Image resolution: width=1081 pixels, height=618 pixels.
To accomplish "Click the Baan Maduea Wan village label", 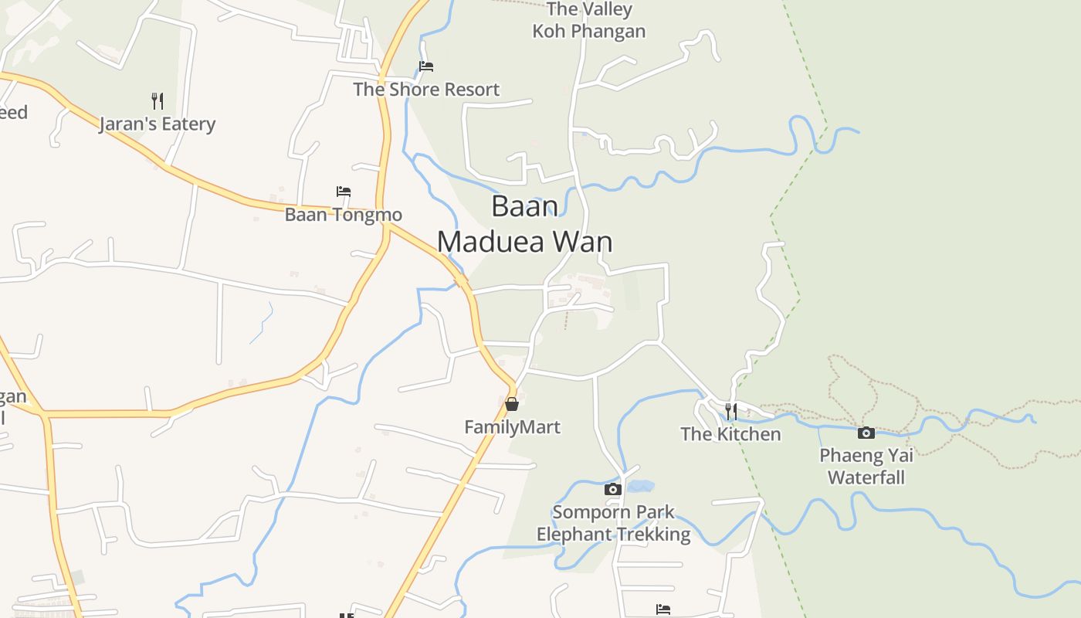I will point(525,224).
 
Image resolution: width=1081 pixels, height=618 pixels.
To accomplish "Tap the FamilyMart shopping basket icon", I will point(511,404).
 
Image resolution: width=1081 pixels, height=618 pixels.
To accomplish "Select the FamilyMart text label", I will point(512,426).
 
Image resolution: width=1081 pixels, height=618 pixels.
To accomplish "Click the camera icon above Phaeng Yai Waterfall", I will point(866,433).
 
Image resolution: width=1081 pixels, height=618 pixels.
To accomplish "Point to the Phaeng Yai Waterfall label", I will point(866,466).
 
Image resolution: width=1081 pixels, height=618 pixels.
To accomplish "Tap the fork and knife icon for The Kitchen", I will point(730,411).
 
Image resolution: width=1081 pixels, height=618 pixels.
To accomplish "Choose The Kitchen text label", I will point(730,434).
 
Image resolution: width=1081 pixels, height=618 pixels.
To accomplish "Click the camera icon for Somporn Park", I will point(612,489).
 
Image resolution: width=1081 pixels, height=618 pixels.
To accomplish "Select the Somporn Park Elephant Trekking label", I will point(614,523).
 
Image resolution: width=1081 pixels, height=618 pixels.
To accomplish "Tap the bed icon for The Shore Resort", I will point(425,66).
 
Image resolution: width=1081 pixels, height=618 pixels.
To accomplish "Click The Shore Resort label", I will point(426,90).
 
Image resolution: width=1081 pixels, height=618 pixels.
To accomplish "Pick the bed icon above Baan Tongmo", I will point(344,191).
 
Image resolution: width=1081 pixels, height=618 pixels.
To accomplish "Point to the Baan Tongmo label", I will point(344,214).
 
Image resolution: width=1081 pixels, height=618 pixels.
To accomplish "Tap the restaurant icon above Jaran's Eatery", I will point(158,100).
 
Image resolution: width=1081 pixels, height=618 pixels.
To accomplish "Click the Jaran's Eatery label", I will point(158,124).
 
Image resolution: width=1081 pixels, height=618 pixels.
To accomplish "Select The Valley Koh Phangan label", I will point(589,20).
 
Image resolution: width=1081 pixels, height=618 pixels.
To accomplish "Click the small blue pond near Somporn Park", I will point(640,487).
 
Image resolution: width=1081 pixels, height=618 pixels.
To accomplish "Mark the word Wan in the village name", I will point(582,242).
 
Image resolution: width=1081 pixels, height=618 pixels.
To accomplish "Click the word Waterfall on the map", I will point(866,477).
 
